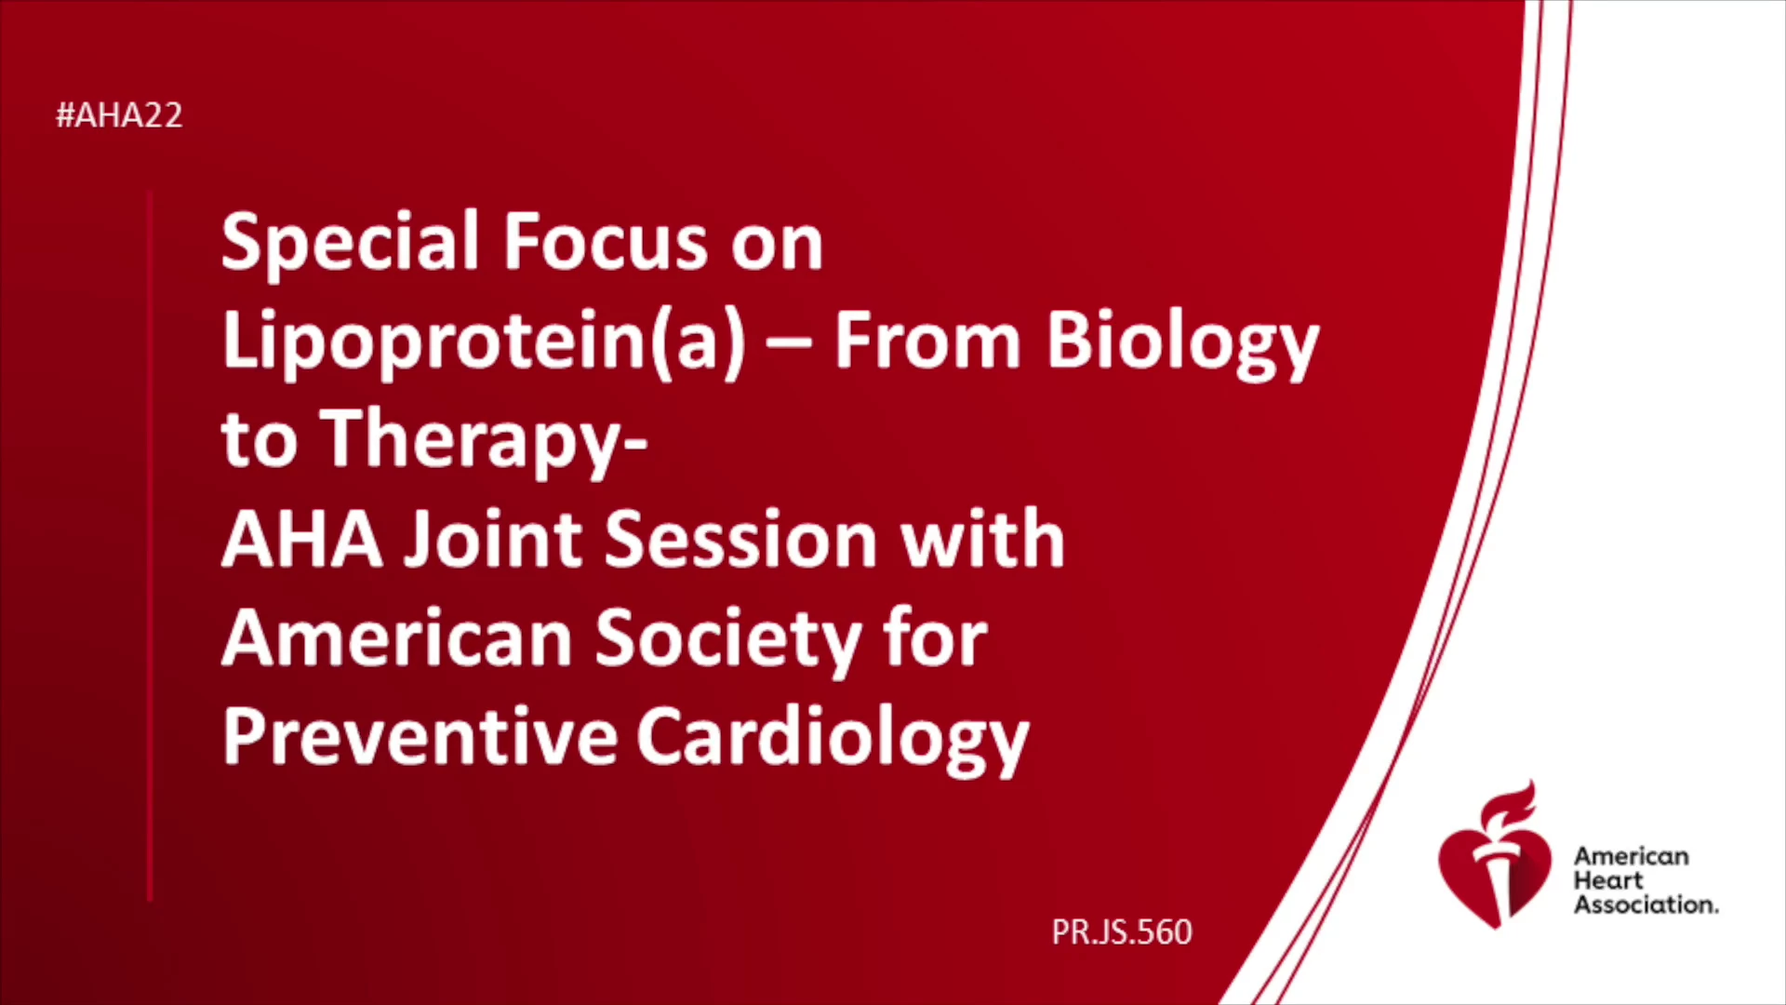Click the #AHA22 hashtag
119,115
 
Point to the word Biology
1183,343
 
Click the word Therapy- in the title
484,442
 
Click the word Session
741,539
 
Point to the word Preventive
420,737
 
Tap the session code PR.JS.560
1122,932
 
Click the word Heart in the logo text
1608,880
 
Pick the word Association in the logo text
1646,904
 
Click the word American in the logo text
1632,856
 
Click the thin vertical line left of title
150,546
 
